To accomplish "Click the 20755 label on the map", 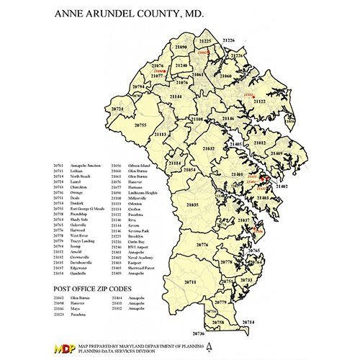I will click(x=140, y=125).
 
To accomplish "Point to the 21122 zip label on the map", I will click(x=260, y=102).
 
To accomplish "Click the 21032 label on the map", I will click(x=208, y=148).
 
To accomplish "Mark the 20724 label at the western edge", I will click(x=118, y=109).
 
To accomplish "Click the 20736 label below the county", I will click(x=199, y=333).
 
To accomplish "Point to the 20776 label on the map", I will click(x=202, y=246).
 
